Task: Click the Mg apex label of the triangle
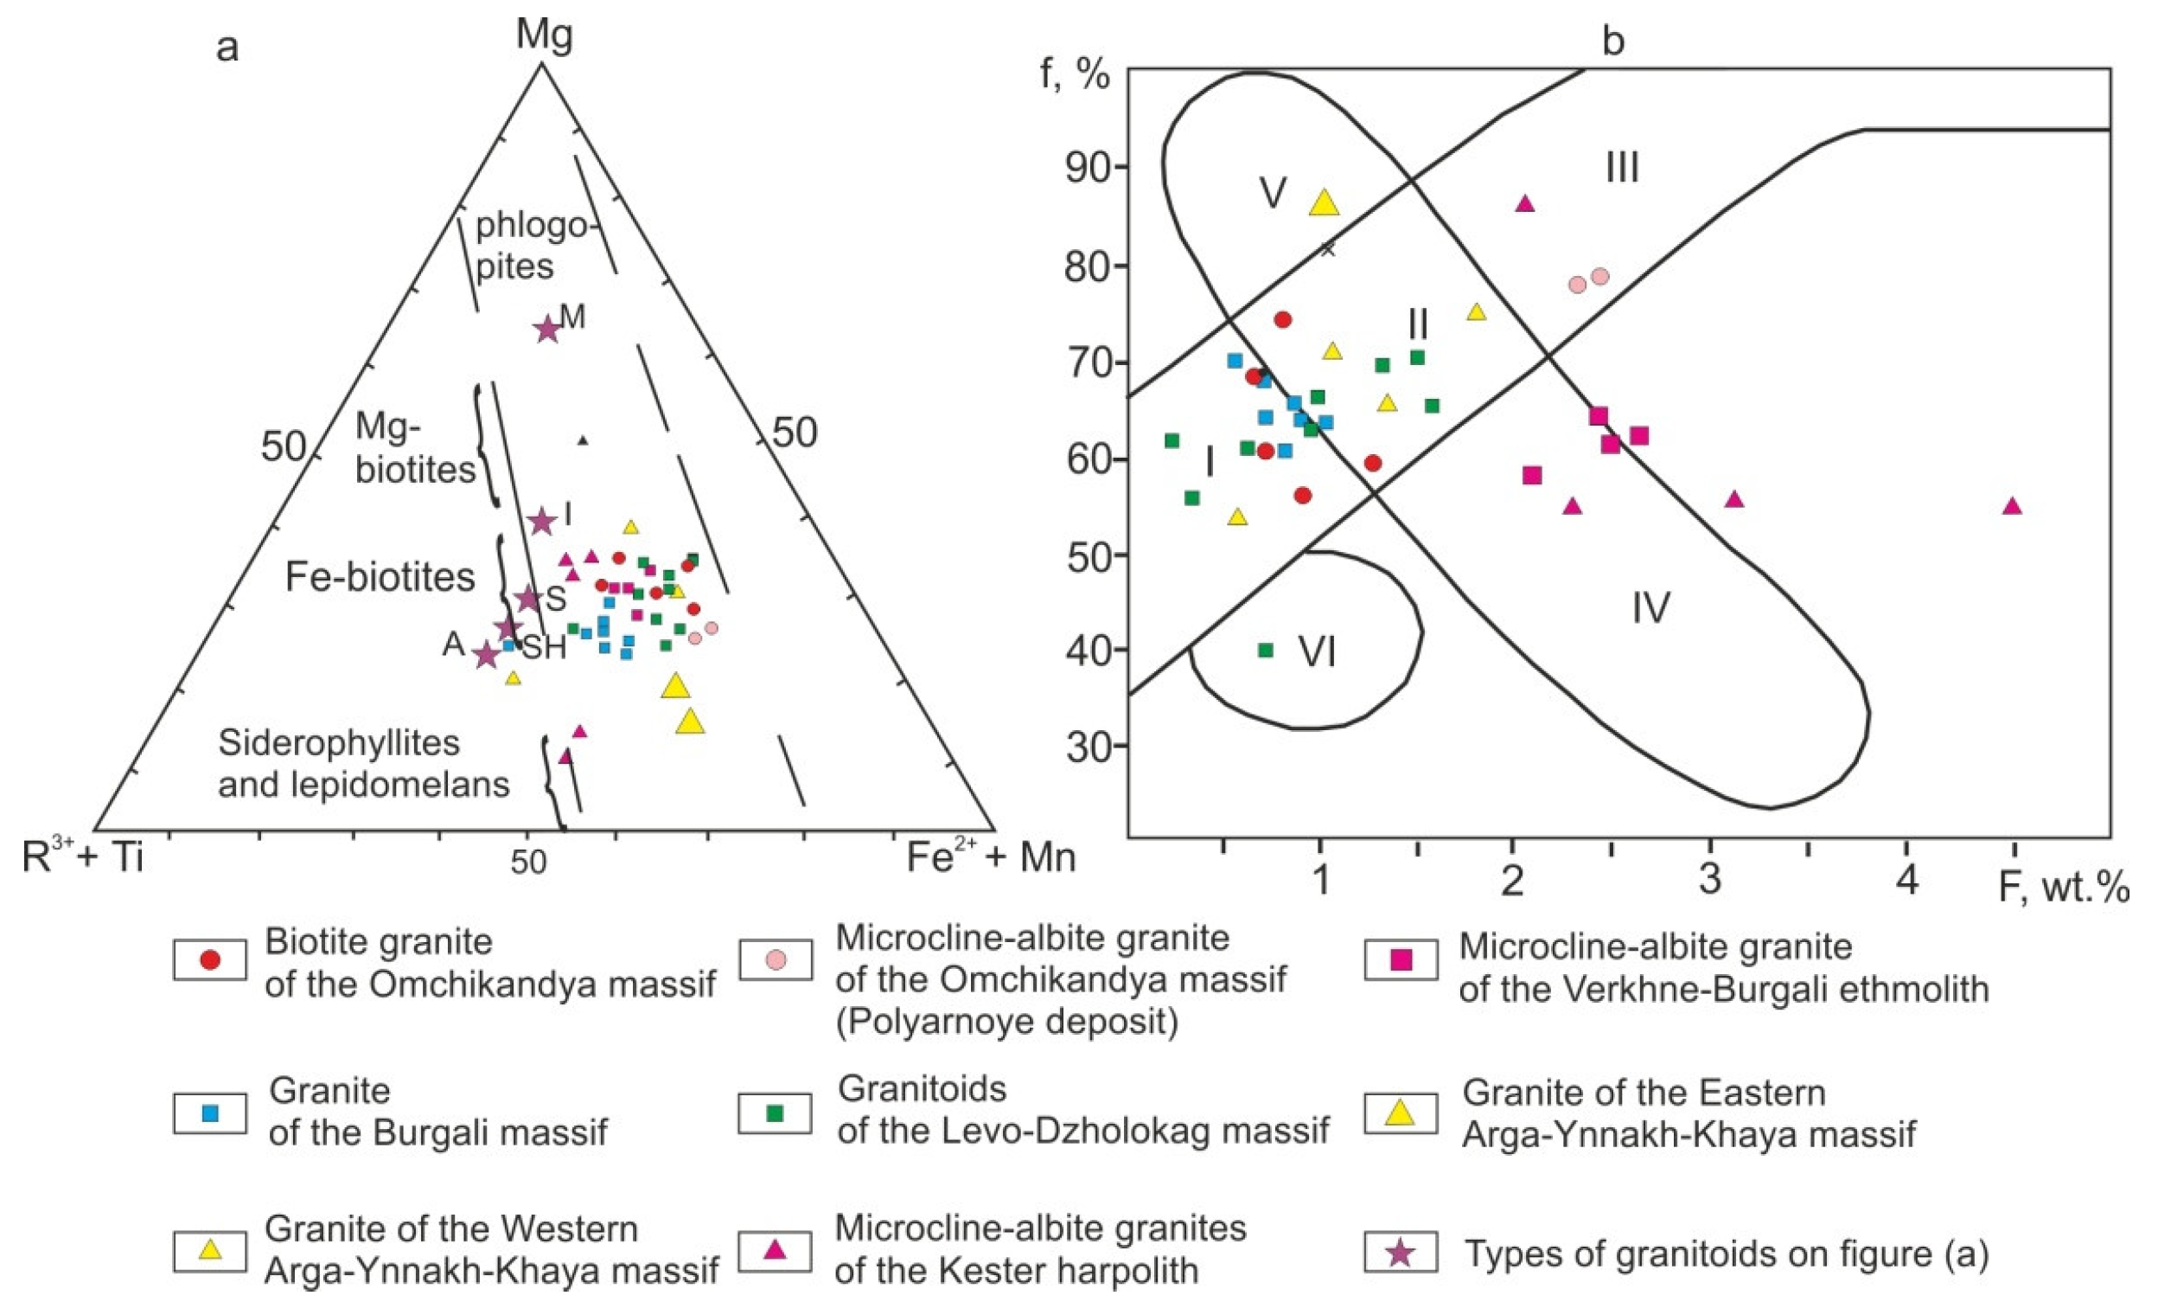tap(544, 35)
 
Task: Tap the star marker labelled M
tap(547, 330)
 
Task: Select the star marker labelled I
tap(542, 522)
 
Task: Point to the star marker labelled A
tap(485, 654)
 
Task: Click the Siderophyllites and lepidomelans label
tap(363, 763)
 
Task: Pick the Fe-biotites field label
tap(380, 577)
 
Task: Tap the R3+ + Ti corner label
tap(83, 857)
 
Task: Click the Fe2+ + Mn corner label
tap(991, 857)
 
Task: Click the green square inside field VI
tap(1265, 650)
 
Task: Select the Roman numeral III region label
tap(1622, 167)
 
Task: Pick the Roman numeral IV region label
tap(1650, 607)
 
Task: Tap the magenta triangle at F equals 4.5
tap(2012, 505)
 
